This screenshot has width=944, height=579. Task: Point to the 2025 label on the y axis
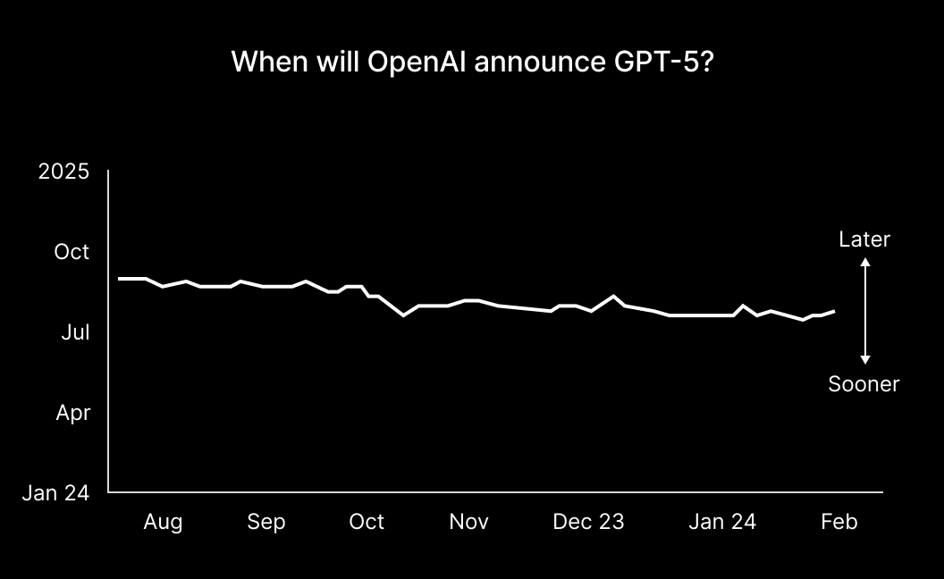[x=63, y=172]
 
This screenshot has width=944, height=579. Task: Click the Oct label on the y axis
[x=72, y=252]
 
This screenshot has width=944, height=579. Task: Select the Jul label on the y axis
[x=75, y=332]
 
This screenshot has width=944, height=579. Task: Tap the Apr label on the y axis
[x=72, y=413]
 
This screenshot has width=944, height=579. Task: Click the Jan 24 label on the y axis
[x=56, y=492]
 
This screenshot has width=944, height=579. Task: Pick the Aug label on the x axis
[x=163, y=522]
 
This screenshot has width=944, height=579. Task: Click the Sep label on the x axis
[x=266, y=522]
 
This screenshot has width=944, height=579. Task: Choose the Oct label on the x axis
[x=367, y=522]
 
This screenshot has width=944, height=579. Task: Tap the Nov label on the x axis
[x=468, y=522]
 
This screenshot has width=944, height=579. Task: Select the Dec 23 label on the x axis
[x=588, y=522]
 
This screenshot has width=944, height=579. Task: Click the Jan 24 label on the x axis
[x=722, y=522]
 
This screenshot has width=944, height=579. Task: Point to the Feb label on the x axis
[x=839, y=522]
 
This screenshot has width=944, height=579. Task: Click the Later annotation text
[x=864, y=239]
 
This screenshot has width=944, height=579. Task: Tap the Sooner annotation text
[x=864, y=384]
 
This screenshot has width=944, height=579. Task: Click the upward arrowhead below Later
[x=865, y=262]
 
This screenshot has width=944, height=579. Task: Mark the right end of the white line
[x=834, y=311]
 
